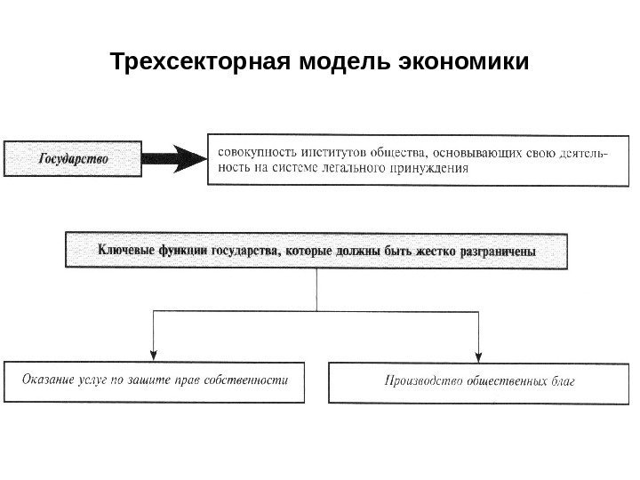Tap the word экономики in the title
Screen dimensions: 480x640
(x=467, y=64)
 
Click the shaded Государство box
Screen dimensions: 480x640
(x=74, y=158)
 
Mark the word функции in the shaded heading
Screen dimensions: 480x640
(x=182, y=251)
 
